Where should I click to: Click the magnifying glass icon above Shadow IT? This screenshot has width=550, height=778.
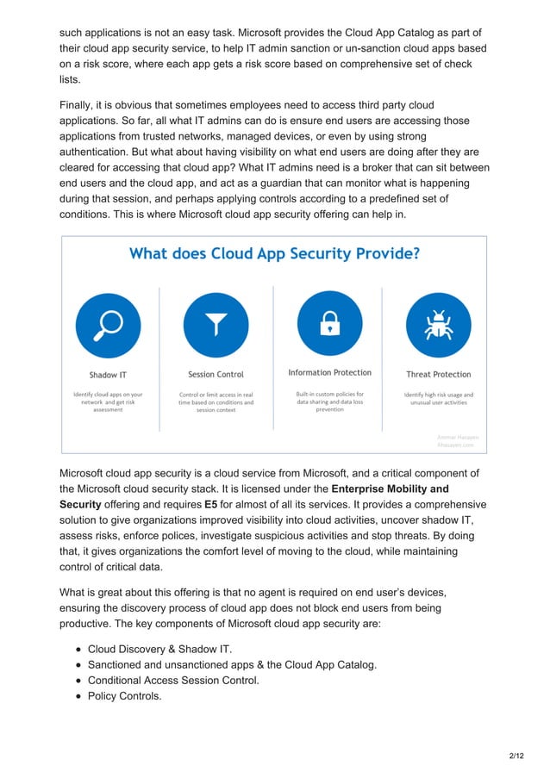point(109,326)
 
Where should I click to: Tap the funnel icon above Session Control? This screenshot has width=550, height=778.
point(216,326)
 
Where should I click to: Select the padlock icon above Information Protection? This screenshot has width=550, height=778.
point(329,324)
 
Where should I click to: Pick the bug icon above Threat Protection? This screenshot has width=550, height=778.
point(438,326)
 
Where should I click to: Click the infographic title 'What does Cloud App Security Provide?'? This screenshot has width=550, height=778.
point(274,254)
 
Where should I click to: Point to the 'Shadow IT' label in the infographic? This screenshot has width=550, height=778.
point(108,375)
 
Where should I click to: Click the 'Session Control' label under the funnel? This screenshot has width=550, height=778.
point(216,375)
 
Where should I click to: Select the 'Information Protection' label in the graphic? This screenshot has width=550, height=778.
point(329,373)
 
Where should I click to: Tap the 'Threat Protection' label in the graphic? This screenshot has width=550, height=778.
point(438,375)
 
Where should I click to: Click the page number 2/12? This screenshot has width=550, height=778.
point(516,756)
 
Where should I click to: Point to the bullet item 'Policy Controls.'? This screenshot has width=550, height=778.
point(124,695)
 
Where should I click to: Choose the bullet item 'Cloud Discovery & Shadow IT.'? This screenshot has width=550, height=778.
point(159,649)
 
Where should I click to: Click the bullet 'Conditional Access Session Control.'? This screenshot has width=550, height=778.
point(173,680)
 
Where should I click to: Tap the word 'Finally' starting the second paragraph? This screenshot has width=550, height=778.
point(78,105)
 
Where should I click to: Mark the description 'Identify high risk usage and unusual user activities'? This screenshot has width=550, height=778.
point(438,398)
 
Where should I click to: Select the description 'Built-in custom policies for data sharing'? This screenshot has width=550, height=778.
point(329,398)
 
